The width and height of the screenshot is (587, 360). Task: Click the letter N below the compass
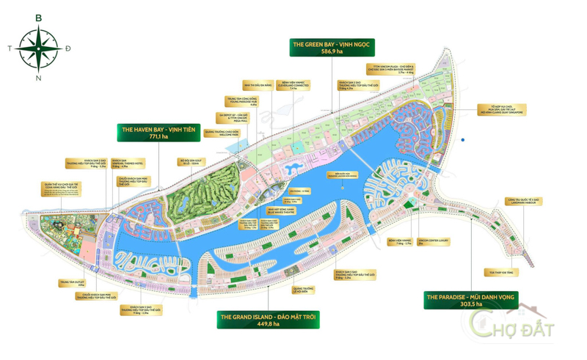click(x=39, y=78)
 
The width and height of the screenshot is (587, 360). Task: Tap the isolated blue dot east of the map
click(x=463, y=140)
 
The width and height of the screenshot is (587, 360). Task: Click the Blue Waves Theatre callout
click(x=281, y=210)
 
